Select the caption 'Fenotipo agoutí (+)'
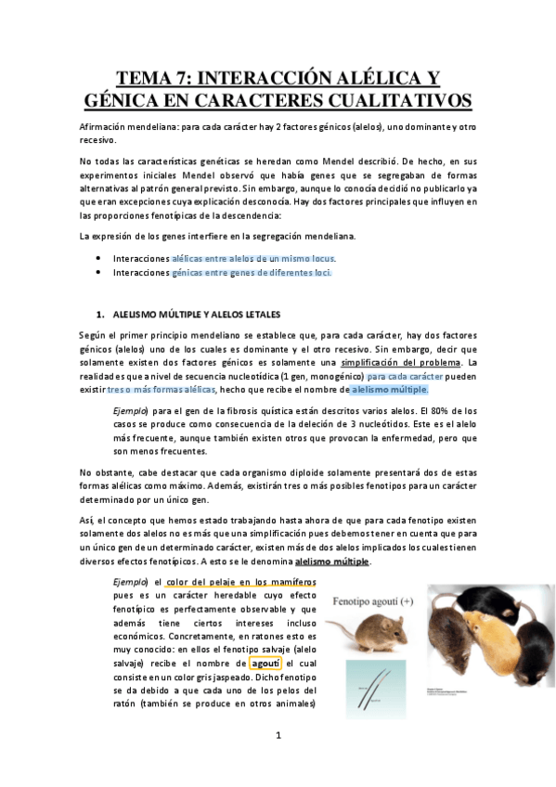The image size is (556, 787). tap(373, 600)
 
